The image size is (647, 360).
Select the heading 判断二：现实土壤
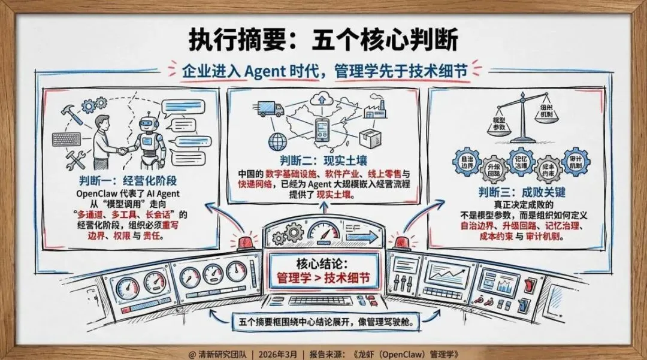point(323,161)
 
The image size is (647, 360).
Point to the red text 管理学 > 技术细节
point(323,279)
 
